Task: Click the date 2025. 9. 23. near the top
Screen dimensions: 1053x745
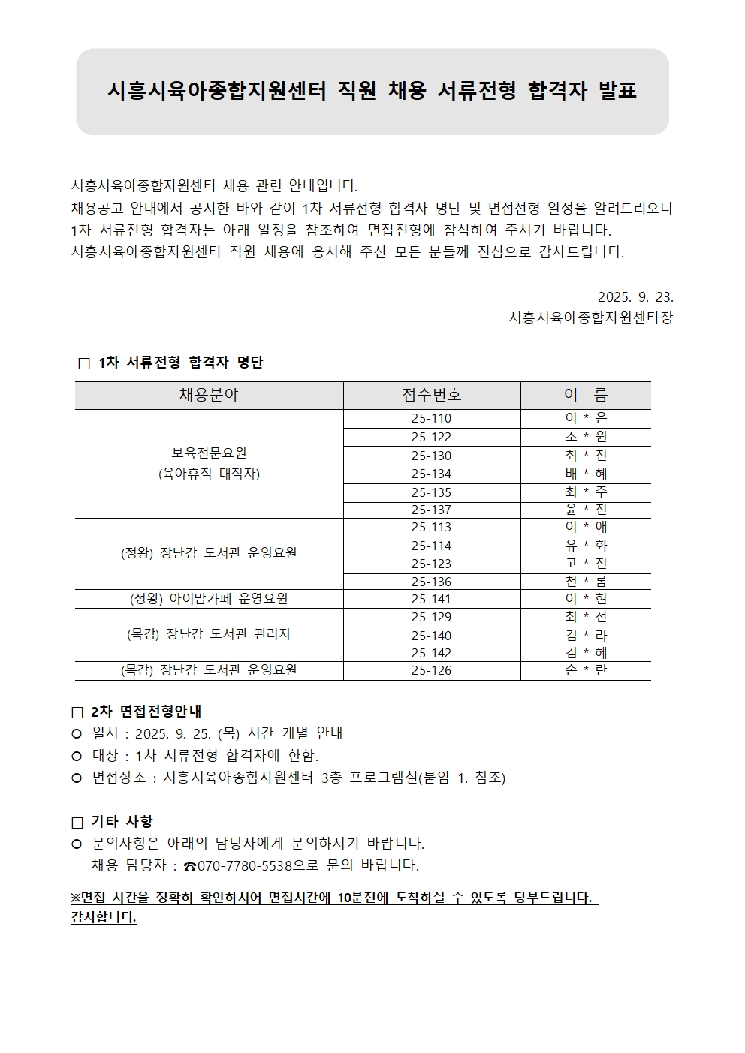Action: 635,296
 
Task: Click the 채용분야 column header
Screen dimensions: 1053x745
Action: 209,395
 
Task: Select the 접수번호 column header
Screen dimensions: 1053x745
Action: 432,395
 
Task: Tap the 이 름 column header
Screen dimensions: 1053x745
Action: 586,395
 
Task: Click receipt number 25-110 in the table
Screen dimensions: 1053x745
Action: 432,418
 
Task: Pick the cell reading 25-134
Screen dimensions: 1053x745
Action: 432,474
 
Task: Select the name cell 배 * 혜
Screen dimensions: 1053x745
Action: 586,474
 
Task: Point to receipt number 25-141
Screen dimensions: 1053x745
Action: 432,599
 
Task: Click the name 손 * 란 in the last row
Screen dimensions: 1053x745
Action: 586,670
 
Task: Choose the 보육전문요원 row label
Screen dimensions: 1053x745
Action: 209,453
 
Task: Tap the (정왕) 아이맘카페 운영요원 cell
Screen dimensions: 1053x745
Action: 209,599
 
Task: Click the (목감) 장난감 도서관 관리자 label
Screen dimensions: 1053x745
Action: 209,634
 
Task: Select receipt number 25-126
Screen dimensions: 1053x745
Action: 432,670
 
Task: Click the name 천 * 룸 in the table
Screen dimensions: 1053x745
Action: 586,582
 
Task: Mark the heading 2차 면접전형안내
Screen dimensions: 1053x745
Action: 146,712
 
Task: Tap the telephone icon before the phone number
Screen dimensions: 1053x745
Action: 190,866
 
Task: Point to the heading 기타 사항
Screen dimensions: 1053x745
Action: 122,822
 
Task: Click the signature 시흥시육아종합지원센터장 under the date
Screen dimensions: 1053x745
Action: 590,317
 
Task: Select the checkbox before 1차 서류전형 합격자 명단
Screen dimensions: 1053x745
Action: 84,363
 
